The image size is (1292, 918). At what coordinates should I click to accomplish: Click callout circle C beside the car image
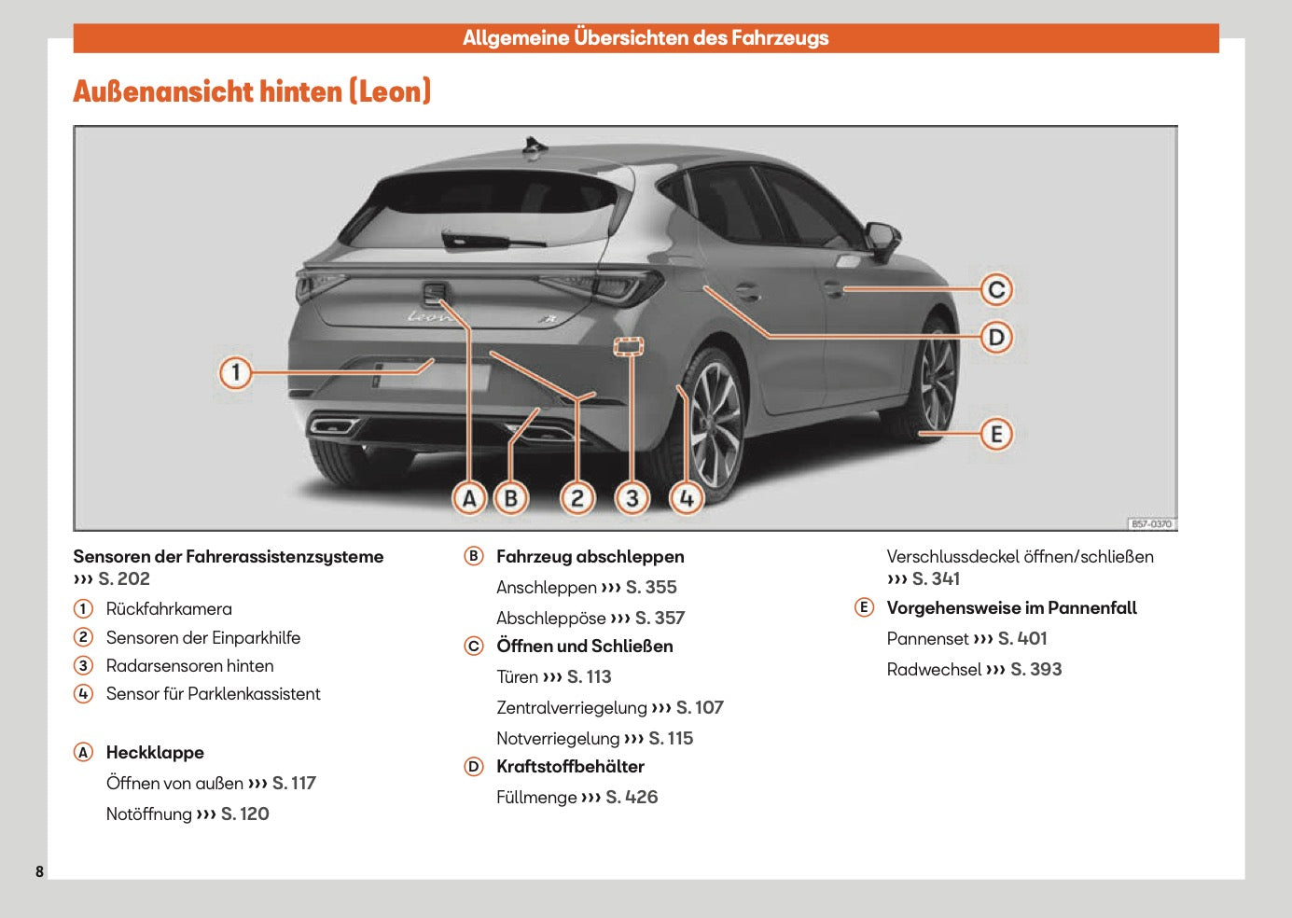pyautogui.click(x=996, y=290)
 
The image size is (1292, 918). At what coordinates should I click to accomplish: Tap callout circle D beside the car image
pyautogui.click(x=996, y=337)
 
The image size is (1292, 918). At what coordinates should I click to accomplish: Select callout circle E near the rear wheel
pyautogui.click(x=996, y=434)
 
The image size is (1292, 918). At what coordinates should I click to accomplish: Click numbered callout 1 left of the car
pyautogui.click(x=235, y=372)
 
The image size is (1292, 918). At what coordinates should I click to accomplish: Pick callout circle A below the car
pyautogui.click(x=469, y=498)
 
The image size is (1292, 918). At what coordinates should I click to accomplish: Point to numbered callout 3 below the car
pyautogui.click(x=632, y=498)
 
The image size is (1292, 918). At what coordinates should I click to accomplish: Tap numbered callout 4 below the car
pyautogui.click(x=687, y=498)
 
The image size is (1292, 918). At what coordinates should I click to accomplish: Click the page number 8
pyautogui.click(x=39, y=871)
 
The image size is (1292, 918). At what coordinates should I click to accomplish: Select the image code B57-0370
pyautogui.click(x=1151, y=524)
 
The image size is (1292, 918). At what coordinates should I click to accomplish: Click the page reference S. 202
pyautogui.click(x=124, y=578)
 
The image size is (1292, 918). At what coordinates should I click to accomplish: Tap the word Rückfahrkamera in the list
pyautogui.click(x=169, y=609)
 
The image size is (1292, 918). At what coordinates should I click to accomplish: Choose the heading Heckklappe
pyautogui.click(x=155, y=752)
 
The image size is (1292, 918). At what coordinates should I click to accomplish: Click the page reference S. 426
pyautogui.click(x=632, y=797)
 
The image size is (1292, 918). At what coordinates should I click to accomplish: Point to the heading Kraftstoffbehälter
pyautogui.click(x=570, y=767)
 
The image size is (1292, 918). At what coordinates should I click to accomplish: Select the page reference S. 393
pyautogui.click(x=1035, y=669)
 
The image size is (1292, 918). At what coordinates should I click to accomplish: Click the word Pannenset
pyautogui.click(x=927, y=638)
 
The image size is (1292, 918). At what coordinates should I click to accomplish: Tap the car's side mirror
pyautogui.click(x=881, y=235)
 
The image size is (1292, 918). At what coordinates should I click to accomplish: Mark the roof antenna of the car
pyautogui.click(x=535, y=145)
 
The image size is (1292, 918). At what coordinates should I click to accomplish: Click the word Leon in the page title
pyautogui.click(x=390, y=91)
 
